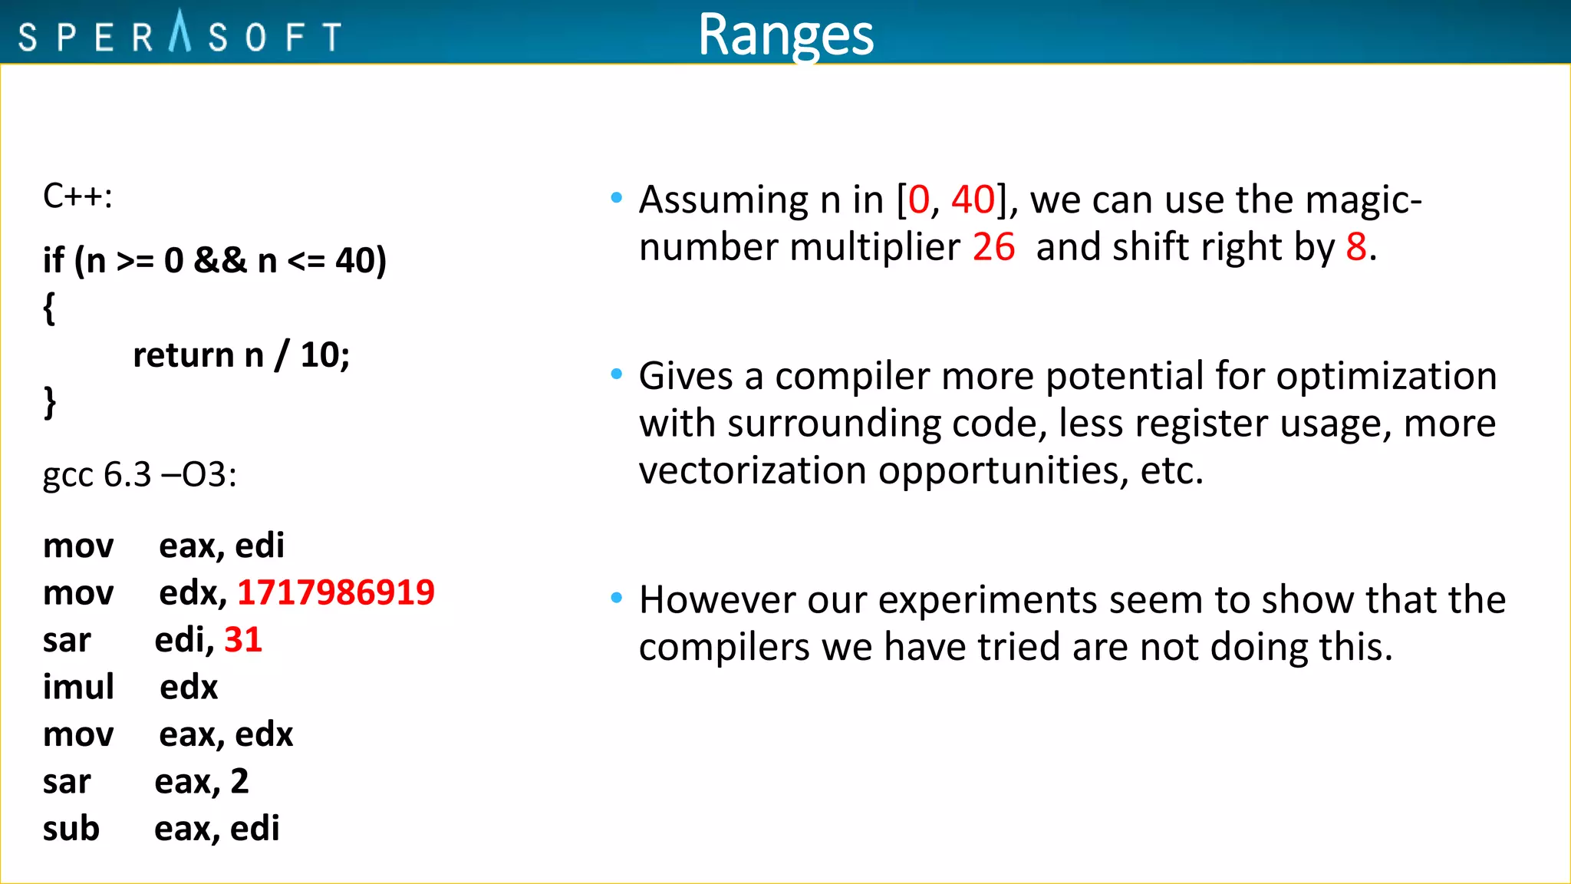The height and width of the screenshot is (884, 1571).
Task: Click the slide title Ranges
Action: [x=785, y=35]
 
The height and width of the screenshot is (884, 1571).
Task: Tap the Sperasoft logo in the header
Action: [x=179, y=35]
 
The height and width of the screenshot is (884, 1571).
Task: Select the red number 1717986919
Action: [x=336, y=592]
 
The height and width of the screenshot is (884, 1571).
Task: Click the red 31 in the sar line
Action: [x=243, y=639]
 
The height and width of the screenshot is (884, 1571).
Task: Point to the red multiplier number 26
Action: [x=993, y=247]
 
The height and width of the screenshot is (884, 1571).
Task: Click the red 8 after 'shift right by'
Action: [x=1356, y=247]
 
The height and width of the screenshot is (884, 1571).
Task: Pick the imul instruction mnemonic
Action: [x=78, y=687]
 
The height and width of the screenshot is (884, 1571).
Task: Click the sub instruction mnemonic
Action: [x=71, y=829]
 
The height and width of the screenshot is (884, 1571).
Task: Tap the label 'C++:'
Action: [x=77, y=196]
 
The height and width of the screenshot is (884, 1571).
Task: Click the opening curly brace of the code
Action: [x=49, y=308]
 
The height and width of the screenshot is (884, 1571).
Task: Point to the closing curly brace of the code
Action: [x=49, y=402]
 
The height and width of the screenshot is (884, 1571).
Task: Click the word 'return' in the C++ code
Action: [x=183, y=355]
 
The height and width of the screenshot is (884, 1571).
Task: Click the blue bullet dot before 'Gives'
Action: [x=616, y=374]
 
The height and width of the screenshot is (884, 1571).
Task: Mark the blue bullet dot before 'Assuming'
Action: [x=616, y=198]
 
